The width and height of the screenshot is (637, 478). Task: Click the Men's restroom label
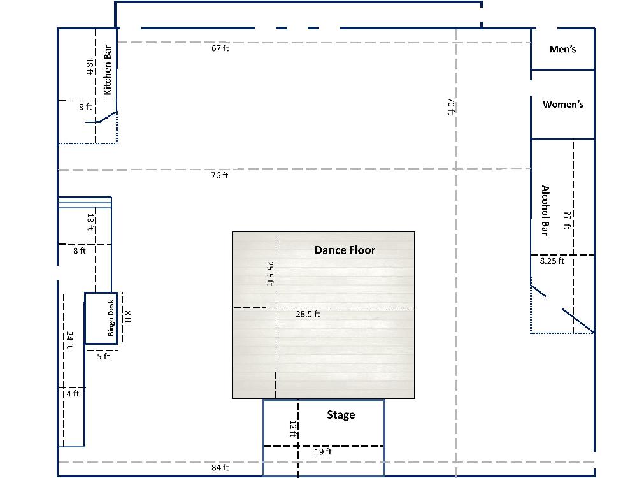point(562,49)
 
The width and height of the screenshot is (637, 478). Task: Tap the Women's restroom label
point(563,105)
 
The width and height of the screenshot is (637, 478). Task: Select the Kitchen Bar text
point(107,70)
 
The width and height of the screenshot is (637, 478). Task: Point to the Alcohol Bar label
point(545,210)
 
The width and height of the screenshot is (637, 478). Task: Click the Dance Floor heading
point(345,250)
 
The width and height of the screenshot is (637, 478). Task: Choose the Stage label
point(341,415)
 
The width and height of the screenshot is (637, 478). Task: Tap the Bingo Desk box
point(101,318)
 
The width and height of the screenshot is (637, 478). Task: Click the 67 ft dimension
point(220,48)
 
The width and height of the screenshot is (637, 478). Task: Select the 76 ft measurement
point(219,176)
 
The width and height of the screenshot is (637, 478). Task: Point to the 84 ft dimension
point(220,468)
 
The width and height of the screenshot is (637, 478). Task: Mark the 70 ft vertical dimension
point(450,106)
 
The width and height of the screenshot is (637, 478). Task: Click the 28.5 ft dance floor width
point(308,314)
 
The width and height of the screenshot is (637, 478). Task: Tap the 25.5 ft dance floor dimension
point(269,273)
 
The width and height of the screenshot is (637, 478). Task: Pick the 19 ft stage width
point(323,452)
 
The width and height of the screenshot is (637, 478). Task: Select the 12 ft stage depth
point(293,429)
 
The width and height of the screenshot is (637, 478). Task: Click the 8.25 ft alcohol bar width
point(552,261)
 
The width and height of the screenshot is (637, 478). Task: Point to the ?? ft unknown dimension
point(568,220)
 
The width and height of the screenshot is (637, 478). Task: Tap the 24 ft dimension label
point(69,340)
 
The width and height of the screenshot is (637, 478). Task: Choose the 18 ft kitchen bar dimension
point(89,67)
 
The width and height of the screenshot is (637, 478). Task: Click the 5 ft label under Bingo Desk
point(103,356)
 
